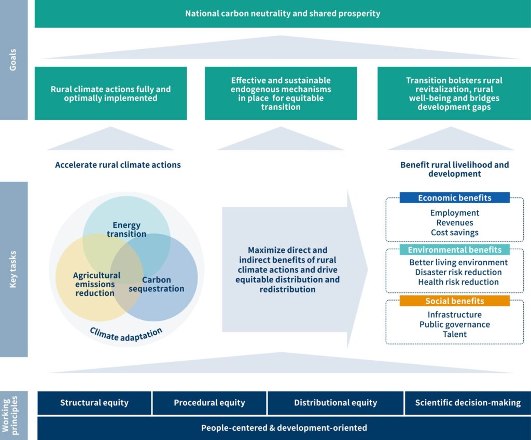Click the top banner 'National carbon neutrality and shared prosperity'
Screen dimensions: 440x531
(x=283, y=13)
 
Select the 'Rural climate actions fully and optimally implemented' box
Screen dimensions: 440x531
(x=110, y=93)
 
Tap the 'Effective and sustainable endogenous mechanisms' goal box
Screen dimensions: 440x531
(x=281, y=93)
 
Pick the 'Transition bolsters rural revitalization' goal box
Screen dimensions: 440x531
(x=454, y=93)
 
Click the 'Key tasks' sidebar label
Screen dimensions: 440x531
(x=13, y=269)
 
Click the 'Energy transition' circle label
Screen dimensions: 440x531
(x=127, y=229)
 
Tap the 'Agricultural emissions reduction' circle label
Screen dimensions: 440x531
(x=96, y=284)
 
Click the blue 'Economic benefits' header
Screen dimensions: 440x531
(x=454, y=197)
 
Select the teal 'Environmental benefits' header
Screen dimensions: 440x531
(x=454, y=250)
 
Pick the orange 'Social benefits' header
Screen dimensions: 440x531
(x=454, y=301)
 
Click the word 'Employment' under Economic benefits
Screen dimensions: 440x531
(x=454, y=213)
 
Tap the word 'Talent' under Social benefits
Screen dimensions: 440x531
(x=454, y=334)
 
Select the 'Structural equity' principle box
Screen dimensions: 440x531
(x=94, y=403)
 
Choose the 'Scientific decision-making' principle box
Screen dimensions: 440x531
(x=467, y=403)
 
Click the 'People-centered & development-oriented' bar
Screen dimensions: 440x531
(x=284, y=428)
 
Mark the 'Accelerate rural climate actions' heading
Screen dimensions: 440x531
(x=118, y=165)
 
